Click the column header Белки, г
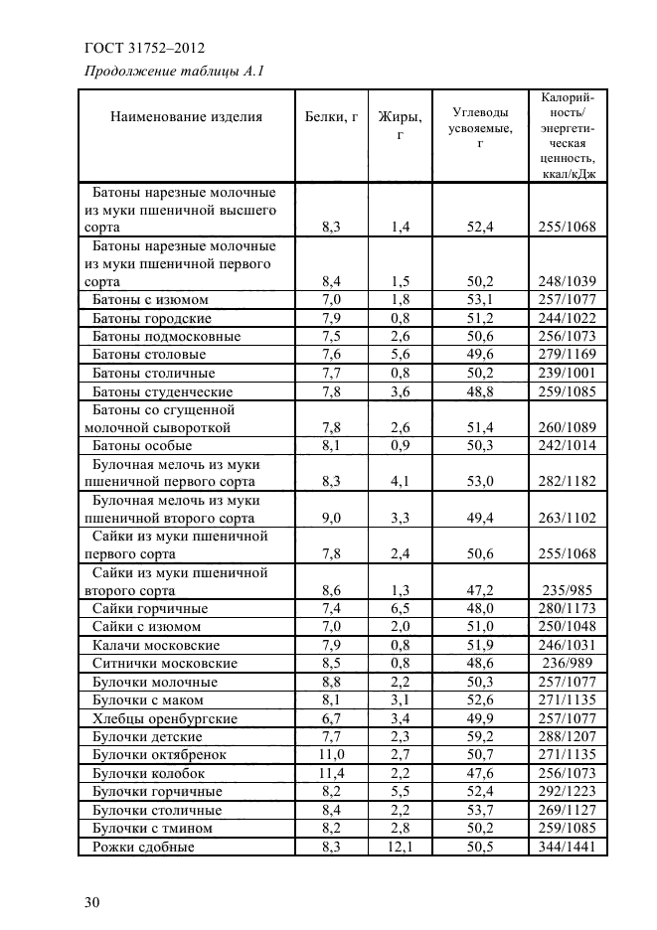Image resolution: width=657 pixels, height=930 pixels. point(331,116)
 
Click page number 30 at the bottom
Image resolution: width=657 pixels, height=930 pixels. point(92,901)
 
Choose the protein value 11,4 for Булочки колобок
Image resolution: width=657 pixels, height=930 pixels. point(331,773)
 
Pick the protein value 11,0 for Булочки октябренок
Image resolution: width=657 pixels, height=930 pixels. point(331,755)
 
